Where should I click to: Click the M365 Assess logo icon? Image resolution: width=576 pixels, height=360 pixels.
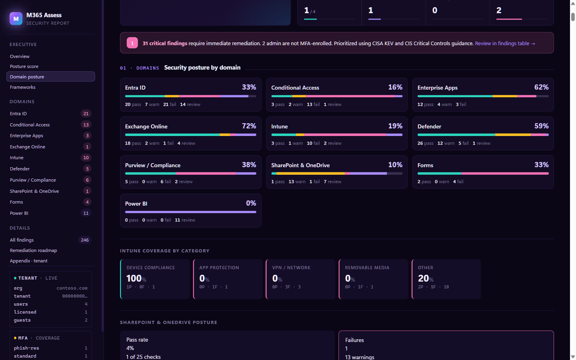(16, 18)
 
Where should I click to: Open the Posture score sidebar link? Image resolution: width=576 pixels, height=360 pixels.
(24, 66)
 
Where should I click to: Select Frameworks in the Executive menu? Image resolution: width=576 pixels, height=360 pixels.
(23, 87)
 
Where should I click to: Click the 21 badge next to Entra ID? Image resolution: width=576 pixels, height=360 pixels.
(86, 114)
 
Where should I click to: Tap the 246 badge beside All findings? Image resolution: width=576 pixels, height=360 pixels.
(85, 240)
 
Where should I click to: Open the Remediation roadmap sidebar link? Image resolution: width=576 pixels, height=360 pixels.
(34, 250)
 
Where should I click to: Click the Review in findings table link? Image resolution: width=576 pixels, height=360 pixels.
(505, 43)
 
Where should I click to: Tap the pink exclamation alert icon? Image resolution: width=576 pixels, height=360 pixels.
(132, 43)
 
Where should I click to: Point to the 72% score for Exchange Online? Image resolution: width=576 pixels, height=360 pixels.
(249, 126)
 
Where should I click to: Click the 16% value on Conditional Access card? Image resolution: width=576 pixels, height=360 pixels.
(395, 87)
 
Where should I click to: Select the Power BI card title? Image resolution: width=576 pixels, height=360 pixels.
(136, 204)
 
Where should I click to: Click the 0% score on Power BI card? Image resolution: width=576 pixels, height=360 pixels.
(251, 203)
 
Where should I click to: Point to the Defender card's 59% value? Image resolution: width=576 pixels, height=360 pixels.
(541, 126)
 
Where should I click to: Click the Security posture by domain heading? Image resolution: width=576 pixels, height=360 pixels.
(202, 68)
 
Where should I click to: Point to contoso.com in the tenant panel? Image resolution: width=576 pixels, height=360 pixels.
(72, 288)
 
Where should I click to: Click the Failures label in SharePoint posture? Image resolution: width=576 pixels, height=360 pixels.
(354, 340)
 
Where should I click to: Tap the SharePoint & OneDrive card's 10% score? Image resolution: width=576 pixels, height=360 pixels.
(395, 165)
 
